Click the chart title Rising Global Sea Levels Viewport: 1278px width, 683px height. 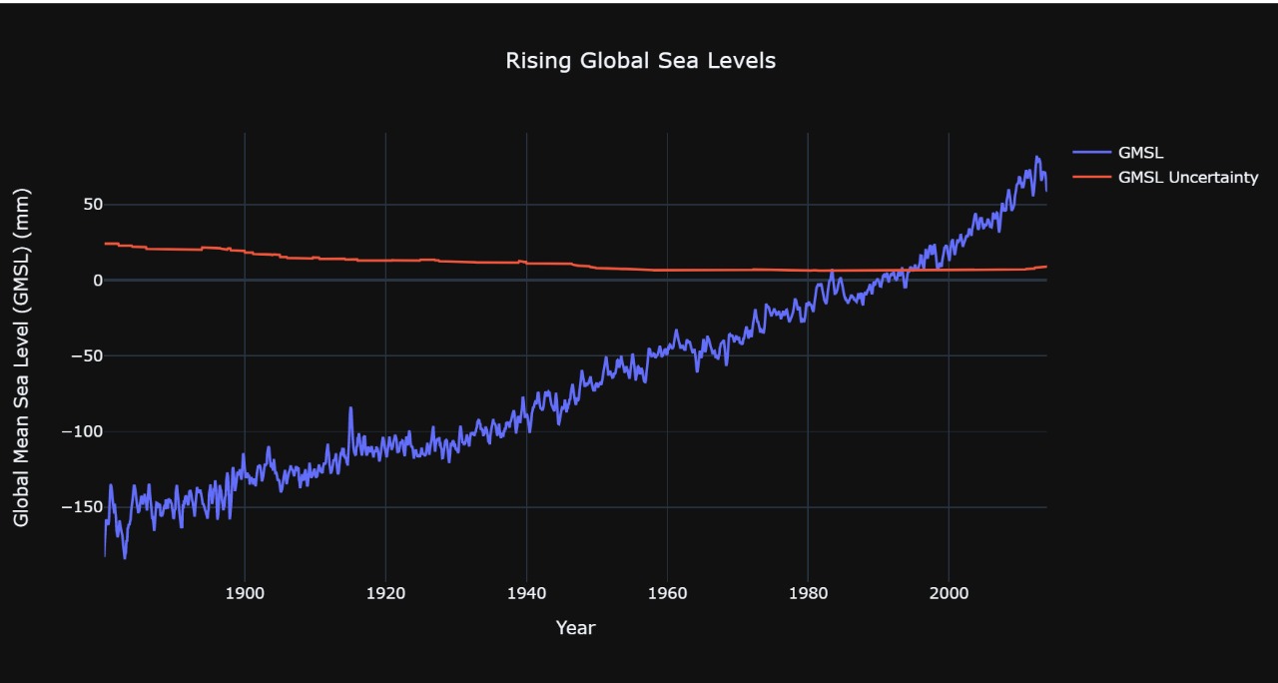[x=640, y=61]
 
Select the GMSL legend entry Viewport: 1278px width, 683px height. [x=1141, y=153]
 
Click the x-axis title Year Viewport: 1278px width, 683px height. [x=575, y=628]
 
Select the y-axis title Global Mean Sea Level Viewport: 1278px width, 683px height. [x=22, y=357]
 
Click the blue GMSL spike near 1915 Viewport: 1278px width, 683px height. [x=350, y=407]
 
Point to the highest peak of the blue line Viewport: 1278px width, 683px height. [x=1037, y=157]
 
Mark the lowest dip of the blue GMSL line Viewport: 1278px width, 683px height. [x=125, y=557]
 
